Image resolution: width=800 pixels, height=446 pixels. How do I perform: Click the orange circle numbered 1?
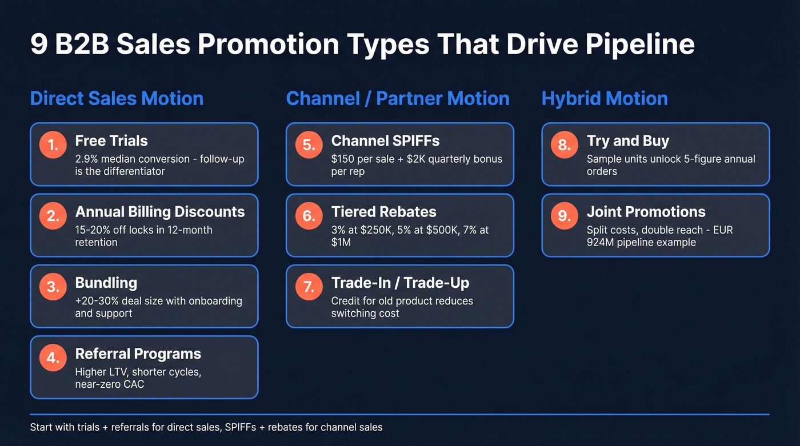[53, 145]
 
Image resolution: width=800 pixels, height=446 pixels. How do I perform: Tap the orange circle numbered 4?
[53, 358]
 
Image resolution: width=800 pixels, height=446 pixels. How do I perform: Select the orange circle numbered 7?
[309, 287]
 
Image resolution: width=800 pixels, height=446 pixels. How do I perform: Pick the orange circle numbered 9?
[565, 216]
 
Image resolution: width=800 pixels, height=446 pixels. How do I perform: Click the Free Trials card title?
[111, 141]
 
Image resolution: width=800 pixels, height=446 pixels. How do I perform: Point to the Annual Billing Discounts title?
[160, 212]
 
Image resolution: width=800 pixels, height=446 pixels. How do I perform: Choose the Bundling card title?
[106, 283]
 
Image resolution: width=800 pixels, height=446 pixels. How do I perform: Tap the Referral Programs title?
[138, 353]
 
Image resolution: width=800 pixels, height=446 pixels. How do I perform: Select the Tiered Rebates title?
[383, 212]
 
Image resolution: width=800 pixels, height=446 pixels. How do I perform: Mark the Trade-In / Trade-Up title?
[400, 283]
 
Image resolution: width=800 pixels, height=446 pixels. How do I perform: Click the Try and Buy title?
[627, 141]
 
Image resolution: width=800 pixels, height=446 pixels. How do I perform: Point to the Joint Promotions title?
[646, 212]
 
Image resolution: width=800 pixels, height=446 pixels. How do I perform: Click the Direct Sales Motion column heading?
[117, 98]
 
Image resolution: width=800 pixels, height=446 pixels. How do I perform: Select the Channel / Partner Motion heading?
[398, 98]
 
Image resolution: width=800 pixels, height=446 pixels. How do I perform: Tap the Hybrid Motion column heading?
[605, 98]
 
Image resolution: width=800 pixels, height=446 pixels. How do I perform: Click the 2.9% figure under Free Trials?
[87, 159]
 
